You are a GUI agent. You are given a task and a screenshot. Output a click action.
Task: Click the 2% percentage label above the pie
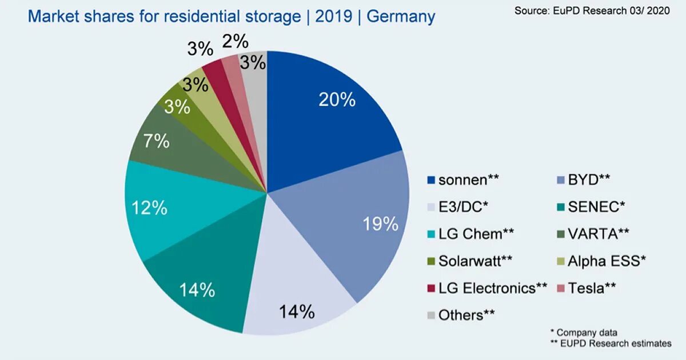click(x=235, y=42)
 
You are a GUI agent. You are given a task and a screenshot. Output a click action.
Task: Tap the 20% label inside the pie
click(x=337, y=100)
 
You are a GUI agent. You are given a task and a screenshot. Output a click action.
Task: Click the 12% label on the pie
click(x=149, y=208)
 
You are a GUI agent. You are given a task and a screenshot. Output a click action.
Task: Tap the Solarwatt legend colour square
click(x=432, y=261)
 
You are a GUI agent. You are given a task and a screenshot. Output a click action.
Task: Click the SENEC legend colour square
click(x=561, y=207)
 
